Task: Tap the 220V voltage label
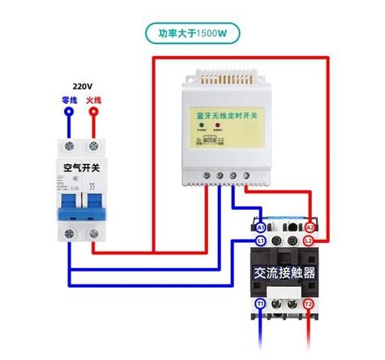click(82, 84)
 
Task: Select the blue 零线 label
click(70, 100)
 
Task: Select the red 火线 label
click(93, 100)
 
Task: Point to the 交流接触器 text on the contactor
click(284, 273)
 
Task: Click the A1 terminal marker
click(260, 228)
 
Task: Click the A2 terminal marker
click(309, 228)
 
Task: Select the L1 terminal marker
click(260, 241)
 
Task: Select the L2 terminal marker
click(309, 241)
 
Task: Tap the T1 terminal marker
click(260, 303)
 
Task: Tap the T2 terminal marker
click(309, 303)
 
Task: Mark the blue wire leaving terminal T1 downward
click(260, 337)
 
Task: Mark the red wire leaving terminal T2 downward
click(309, 337)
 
